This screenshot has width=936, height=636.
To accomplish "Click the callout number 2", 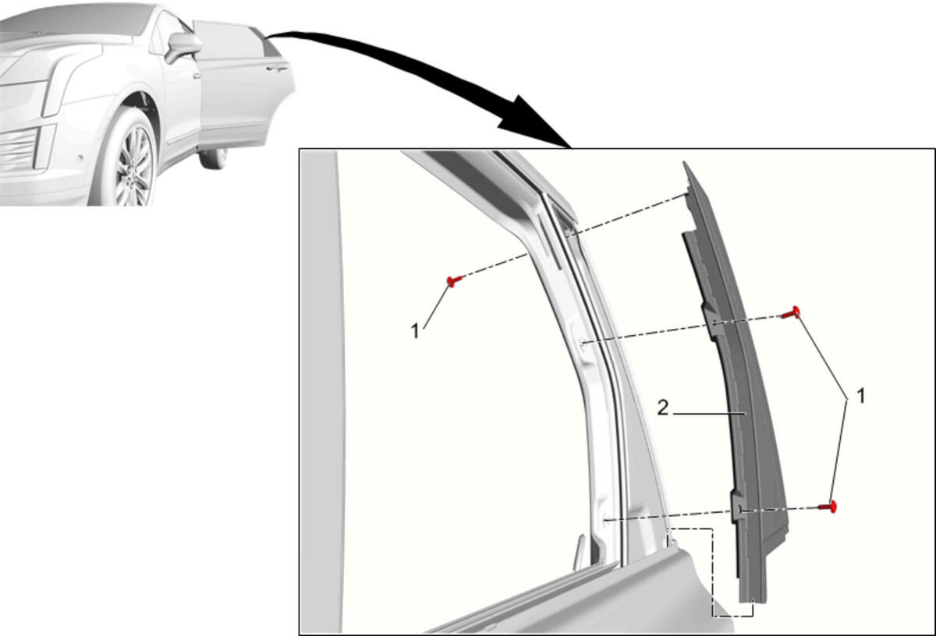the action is tap(663, 408).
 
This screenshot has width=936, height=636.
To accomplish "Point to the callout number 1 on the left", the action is tap(415, 331).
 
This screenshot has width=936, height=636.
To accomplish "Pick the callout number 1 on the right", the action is tap(861, 396).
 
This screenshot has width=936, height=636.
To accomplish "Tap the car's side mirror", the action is tap(183, 47).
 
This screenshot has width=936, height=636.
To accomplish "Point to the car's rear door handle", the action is tap(278, 68).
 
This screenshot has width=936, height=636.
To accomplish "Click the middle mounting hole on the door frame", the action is tap(583, 343).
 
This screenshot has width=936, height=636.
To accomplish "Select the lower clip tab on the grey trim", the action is tap(738, 508).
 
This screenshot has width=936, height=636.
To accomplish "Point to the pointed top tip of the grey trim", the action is tap(686, 164).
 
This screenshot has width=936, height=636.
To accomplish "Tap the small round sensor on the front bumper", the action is tap(80, 158).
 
